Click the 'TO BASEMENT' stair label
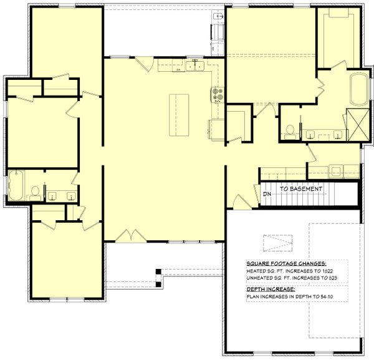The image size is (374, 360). (300, 189)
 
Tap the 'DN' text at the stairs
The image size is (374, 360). (267, 195)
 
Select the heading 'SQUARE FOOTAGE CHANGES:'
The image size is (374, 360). (286, 264)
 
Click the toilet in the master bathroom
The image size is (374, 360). (289, 130)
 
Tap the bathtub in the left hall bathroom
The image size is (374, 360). (16, 185)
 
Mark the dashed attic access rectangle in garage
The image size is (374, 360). (277, 241)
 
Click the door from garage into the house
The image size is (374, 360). (239, 202)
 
